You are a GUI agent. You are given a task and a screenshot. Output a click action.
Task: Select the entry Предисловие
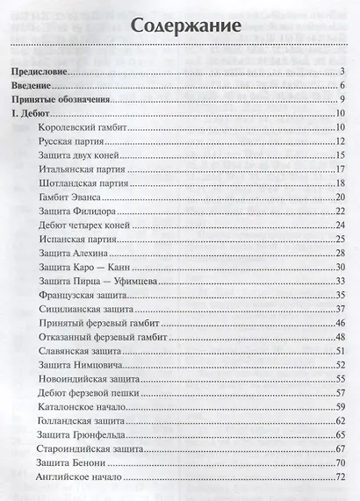click(40, 71)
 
